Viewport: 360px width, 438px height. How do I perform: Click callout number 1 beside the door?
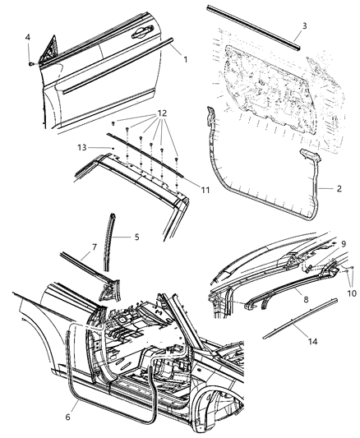[185, 59]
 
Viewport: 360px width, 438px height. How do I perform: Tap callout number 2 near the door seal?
[339, 188]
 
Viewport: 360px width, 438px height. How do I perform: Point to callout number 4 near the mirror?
[28, 38]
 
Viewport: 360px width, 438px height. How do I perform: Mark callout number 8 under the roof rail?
[306, 301]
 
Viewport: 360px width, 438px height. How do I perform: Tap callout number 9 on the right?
[343, 243]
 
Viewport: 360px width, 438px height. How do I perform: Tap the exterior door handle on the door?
[137, 33]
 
